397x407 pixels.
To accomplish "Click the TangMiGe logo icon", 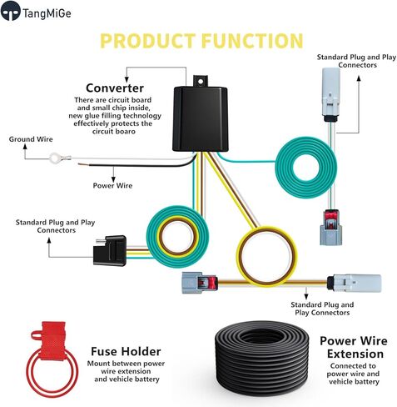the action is click(x=11, y=11).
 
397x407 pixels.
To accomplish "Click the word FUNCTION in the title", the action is click(x=252, y=41).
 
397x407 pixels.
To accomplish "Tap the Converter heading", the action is click(x=115, y=88).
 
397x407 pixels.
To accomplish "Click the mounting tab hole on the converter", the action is click(x=201, y=81).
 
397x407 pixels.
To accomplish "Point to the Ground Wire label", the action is click(x=31, y=139).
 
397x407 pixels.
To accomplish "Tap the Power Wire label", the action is click(x=112, y=185).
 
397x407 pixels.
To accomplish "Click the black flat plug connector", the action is click(x=110, y=250).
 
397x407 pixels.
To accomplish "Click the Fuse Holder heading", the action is click(x=126, y=351).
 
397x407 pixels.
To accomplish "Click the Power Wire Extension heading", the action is click(x=354, y=347).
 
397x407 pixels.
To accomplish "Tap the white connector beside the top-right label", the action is click(x=331, y=94).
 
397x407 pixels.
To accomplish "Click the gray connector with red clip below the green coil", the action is click(x=331, y=228).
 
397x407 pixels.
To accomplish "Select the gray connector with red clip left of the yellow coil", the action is click(x=199, y=283).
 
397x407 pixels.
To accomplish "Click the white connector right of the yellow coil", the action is click(x=354, y=283).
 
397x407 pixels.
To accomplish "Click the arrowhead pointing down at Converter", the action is click(x=127, y=79).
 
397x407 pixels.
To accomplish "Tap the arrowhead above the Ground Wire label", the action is click(x=25, y=147).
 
